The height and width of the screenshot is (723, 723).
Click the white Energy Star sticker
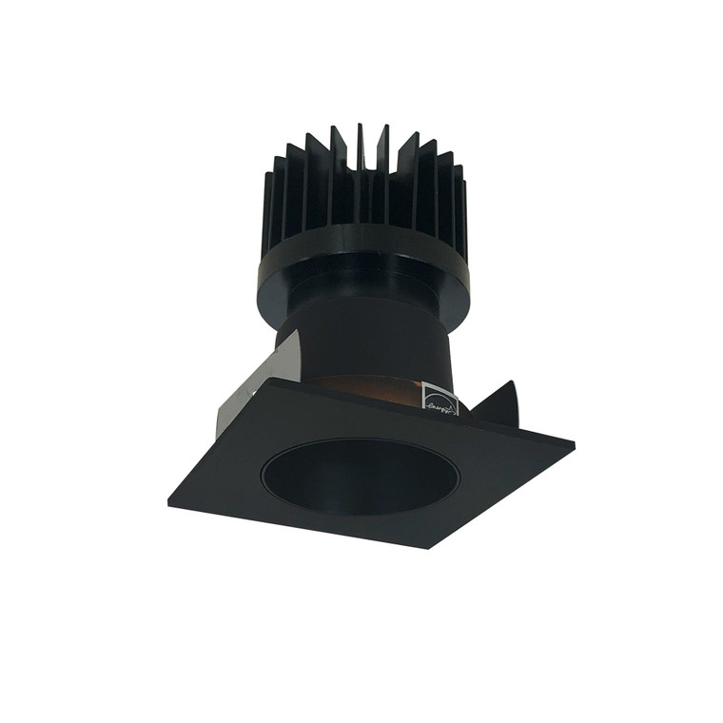coord(439,400)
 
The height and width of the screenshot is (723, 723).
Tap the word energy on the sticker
coord(440,408)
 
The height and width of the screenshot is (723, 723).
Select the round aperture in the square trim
coord(361,477)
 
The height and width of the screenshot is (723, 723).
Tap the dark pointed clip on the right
coord(498,403)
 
